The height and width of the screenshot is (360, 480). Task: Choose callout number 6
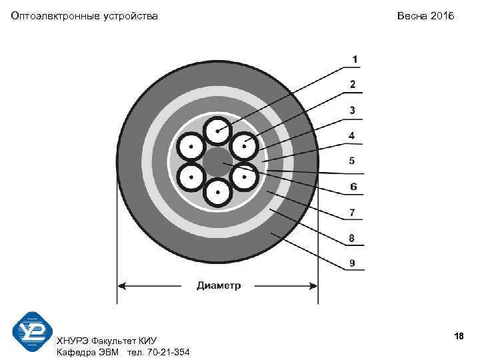(x=353, y=187)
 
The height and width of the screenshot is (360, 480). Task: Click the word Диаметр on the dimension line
(x=219, y=285)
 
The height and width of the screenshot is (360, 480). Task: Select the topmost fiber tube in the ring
(x=217, y=131)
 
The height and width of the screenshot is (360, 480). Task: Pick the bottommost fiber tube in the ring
(x=217, y=193)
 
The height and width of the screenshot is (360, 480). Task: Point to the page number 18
(x=458, y=336)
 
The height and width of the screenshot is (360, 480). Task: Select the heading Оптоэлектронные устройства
(x=85, y=15)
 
